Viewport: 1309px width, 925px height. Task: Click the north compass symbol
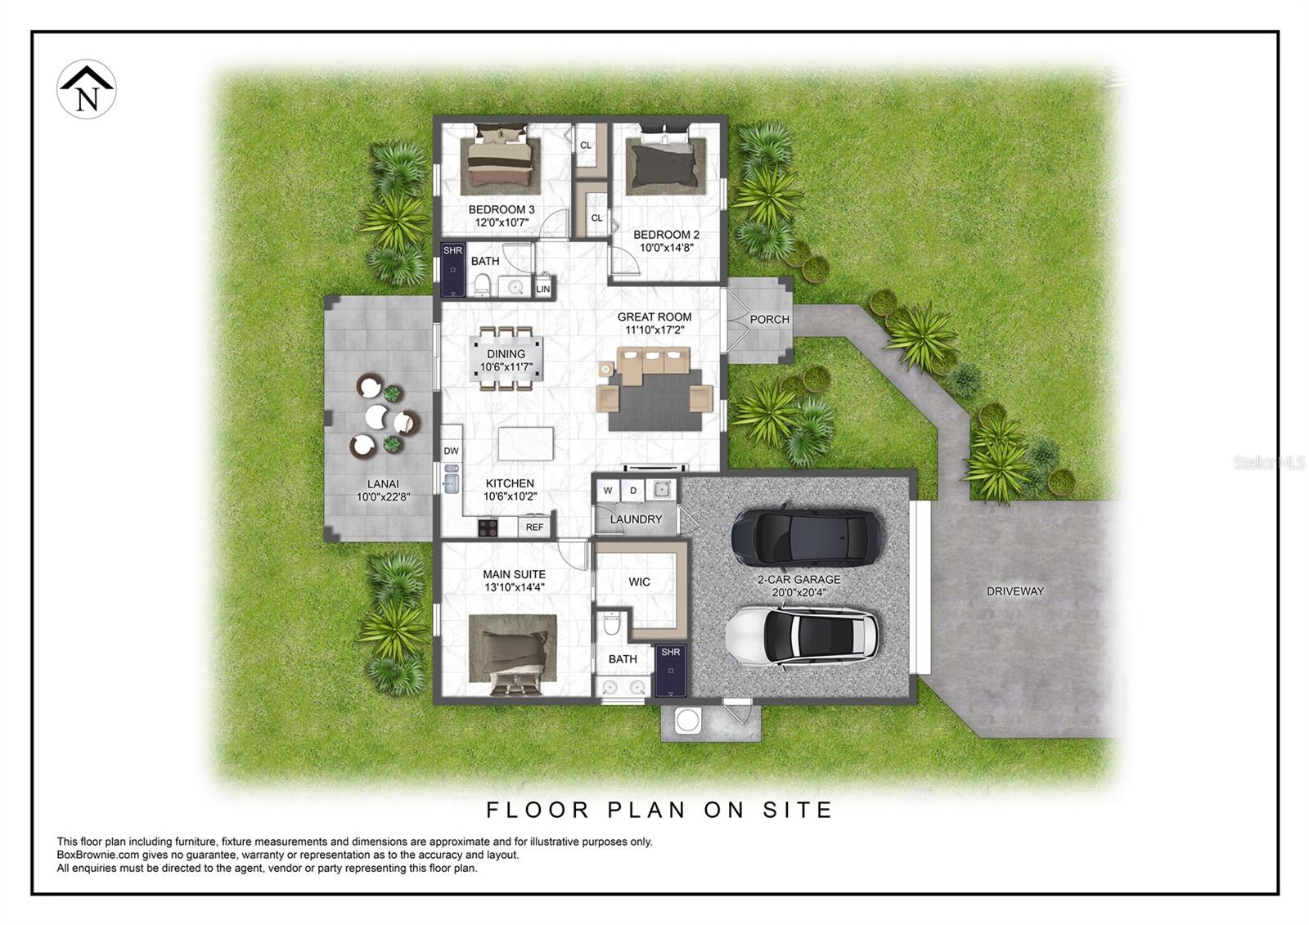[x=87, y=89]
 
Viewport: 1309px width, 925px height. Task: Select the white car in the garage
[x=803, y=636]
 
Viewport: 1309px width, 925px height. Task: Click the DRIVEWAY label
[x=1014, y=591]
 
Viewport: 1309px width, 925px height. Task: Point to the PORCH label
[x=769, y=320]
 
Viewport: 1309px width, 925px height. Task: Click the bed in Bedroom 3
[x=500, y=157]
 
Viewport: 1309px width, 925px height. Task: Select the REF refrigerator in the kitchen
[x=534, y=527]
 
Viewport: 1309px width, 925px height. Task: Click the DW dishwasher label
[x=451, y=451]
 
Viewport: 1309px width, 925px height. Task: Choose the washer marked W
[x=608, y=491]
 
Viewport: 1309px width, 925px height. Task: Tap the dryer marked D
[x=633, y=491]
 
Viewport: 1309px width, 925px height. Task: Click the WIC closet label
[x=639, y=582]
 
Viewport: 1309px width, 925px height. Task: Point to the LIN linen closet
[x=542, y=289]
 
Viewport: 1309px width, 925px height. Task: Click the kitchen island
[x=525, y=443]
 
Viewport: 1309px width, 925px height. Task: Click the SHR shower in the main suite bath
[x=670, y=669]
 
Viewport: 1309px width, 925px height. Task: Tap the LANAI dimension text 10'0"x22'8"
[x=383, y=496]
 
